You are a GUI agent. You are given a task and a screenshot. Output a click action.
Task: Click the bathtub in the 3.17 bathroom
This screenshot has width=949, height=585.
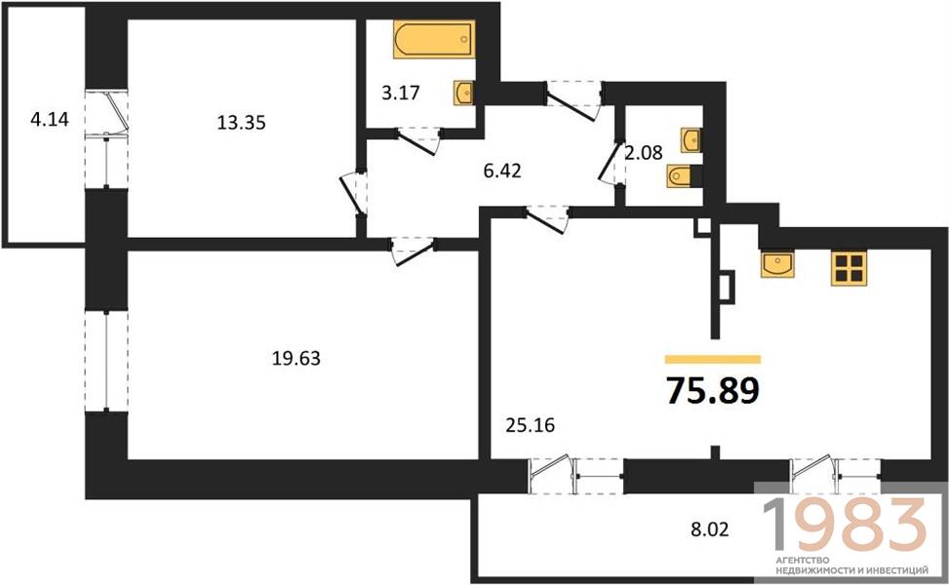(x=433, y=39)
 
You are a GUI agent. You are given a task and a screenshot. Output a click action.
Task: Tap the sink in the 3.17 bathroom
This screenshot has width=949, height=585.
(x=463, y=94)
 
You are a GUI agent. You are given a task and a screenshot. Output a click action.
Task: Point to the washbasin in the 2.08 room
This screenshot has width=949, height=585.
(x=692, y=140)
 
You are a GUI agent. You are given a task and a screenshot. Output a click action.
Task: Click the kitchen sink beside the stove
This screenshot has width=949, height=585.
(x=777, y=264)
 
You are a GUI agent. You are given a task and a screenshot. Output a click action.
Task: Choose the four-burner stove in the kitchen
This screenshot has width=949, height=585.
(x=849, y=268)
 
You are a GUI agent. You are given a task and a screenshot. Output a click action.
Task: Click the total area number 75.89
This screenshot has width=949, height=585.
(x=712, y=390)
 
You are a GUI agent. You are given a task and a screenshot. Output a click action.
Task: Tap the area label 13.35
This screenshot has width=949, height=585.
(x=242, y=123)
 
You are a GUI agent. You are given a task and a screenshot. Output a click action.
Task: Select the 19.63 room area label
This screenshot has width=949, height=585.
(x=296, y=359)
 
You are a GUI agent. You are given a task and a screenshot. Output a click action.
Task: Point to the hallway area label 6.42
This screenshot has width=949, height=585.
(x=502, y=171)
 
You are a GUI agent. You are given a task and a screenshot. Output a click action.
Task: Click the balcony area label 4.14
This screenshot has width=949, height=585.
(x=50, y=119)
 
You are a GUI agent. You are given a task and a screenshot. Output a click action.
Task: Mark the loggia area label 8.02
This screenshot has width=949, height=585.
(x=710, y=530)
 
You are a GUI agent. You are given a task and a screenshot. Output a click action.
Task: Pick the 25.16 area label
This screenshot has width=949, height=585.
(x=531, y=425)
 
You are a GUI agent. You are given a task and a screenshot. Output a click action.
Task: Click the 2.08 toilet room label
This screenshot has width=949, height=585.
(x=644, y=152)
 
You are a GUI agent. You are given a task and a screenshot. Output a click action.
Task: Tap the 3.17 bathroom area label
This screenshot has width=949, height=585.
(x=401, y=94)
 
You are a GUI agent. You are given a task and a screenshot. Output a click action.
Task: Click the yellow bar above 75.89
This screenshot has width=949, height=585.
(x=712, y=360)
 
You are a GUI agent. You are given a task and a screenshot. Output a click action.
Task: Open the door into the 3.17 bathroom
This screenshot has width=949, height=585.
(x=417, y=141)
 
